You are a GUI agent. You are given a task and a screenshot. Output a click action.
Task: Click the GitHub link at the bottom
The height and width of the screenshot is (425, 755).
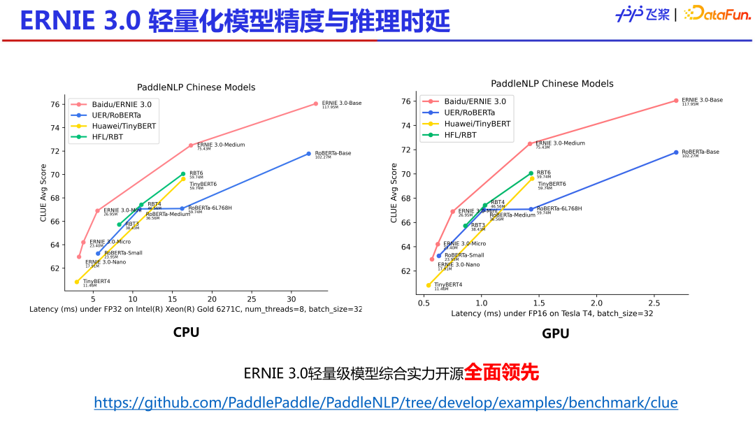386,403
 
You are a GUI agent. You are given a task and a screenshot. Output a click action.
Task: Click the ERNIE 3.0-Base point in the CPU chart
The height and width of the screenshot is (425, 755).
315,103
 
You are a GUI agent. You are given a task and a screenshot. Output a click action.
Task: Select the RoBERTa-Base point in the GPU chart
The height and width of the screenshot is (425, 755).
676,152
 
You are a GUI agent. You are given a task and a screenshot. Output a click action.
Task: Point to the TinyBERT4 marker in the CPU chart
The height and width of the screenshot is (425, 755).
77,282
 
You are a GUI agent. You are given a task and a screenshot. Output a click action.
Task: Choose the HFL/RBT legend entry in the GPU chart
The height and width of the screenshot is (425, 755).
460,135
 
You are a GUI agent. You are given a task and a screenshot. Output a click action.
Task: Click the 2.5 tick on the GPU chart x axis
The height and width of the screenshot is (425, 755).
654,302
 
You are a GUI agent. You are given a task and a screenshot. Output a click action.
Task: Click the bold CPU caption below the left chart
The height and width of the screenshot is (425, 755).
186,332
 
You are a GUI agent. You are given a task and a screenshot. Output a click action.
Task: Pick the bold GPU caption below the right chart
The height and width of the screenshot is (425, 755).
555,333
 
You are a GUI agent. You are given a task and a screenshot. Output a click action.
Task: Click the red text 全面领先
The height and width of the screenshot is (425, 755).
502,373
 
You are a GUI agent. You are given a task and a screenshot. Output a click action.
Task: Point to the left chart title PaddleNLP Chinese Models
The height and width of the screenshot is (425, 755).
196,87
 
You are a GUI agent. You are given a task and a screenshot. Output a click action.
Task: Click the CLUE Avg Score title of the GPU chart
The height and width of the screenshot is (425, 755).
394,193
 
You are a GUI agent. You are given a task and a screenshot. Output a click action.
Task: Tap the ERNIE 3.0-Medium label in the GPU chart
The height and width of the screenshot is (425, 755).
560,143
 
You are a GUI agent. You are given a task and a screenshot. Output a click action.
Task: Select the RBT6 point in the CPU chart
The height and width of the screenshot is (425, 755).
183,173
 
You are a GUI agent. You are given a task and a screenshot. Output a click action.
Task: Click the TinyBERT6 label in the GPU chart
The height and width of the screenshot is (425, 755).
552,184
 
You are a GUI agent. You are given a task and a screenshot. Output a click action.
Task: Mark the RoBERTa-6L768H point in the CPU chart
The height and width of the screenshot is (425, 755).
182,208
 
